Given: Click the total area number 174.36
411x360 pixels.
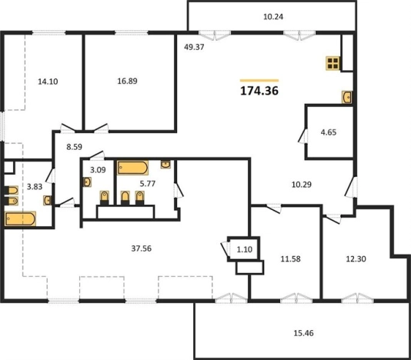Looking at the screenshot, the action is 259,91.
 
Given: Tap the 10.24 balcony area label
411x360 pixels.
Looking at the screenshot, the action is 273,17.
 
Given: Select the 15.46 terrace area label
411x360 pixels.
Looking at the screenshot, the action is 303,333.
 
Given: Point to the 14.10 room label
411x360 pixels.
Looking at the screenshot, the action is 48,82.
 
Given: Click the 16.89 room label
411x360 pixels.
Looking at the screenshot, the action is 128,81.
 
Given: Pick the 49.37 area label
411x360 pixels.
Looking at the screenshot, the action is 194,47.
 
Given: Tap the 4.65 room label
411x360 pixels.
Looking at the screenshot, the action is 329,132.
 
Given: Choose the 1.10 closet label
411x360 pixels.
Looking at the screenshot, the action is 245,249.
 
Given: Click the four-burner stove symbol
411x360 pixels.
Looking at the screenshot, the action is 332,63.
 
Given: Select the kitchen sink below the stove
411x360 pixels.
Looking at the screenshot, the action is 347,97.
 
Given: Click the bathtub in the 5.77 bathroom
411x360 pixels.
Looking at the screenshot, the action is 132,168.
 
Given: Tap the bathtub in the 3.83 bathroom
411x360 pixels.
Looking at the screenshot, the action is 20,218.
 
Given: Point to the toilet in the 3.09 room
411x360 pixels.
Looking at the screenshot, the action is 105,198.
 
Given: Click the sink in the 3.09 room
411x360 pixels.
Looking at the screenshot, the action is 88,182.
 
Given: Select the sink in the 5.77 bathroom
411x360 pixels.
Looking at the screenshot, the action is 165,165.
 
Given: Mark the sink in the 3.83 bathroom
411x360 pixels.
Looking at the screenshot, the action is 48,201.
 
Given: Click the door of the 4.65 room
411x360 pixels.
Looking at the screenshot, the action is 303,135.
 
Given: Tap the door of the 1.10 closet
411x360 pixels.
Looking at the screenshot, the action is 226,249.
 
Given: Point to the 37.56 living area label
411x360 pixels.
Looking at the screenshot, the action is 142,248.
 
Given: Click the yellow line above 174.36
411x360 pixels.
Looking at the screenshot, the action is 259,81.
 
